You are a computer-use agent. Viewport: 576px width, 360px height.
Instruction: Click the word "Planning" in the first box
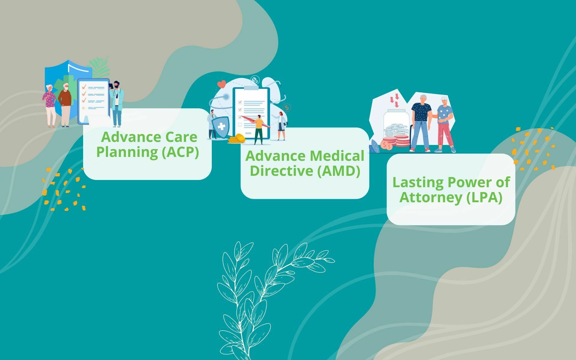(127, 152)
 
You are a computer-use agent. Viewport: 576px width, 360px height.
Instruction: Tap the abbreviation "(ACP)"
(180, 152)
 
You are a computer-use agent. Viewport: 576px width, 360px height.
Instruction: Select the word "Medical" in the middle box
(337, 156)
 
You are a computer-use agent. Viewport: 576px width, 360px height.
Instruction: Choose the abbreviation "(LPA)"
(484, 197)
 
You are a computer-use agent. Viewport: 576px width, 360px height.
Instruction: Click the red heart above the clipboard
(221, 84)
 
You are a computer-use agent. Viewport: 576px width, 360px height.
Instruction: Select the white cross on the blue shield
(221, 127)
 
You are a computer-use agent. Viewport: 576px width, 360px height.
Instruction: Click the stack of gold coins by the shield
(237, 139)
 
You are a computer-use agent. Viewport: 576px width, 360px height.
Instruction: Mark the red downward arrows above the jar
(395, 100)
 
